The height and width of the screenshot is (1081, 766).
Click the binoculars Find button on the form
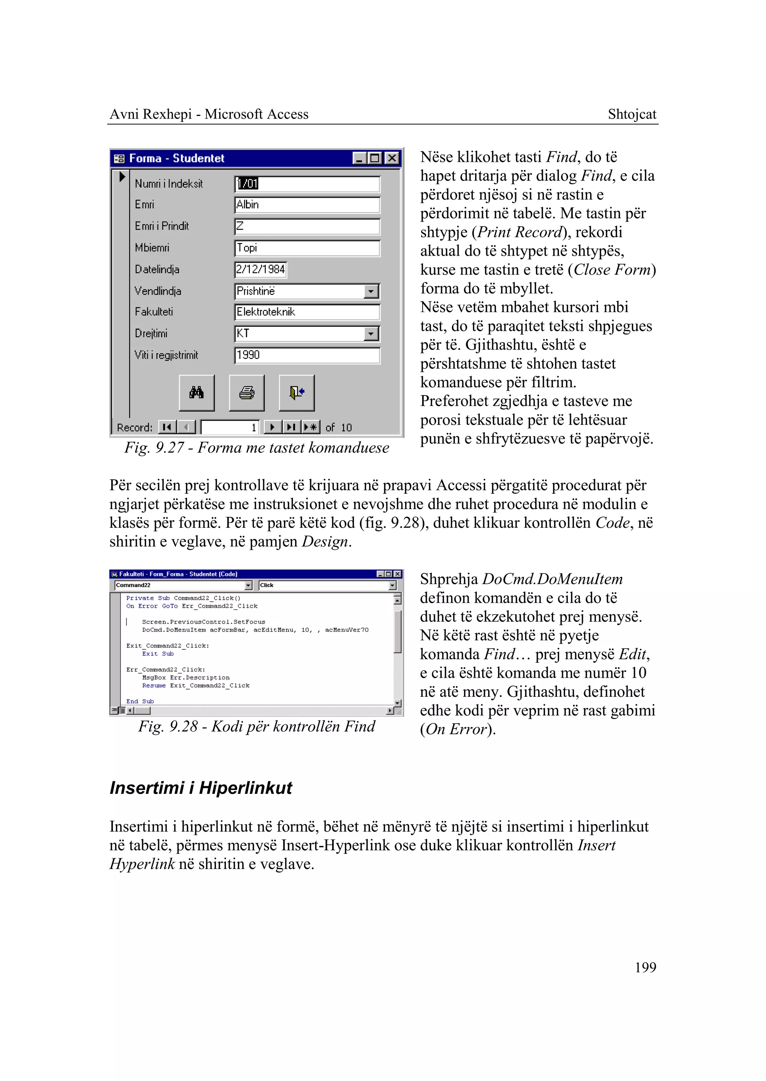(x=197, y=393)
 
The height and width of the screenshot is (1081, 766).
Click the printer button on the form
(x=247, y=393)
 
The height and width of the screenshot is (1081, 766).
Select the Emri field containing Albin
(x=307, y=204)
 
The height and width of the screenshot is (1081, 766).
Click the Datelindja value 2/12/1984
(x=260, y=270)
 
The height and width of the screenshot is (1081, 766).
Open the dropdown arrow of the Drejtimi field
(x=371, y=334)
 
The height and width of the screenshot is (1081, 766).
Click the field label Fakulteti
(x=154, y=312)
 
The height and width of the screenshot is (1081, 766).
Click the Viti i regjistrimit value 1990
(x=307, y=355)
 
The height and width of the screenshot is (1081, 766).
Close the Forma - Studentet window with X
(x=392, y=158)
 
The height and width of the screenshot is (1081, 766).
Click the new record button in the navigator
(x=311, y=428)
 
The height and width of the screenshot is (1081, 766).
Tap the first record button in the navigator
(x=167, y=428)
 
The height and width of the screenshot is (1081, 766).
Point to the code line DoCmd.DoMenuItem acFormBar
(x=255, y=630)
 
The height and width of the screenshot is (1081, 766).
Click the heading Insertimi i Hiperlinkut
(x=201, y=788)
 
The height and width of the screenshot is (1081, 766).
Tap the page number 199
(x=645, y=968)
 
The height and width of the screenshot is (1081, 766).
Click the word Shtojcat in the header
(x=632, y=114)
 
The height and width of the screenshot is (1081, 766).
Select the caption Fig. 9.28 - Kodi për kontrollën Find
(x=257, y=727)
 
